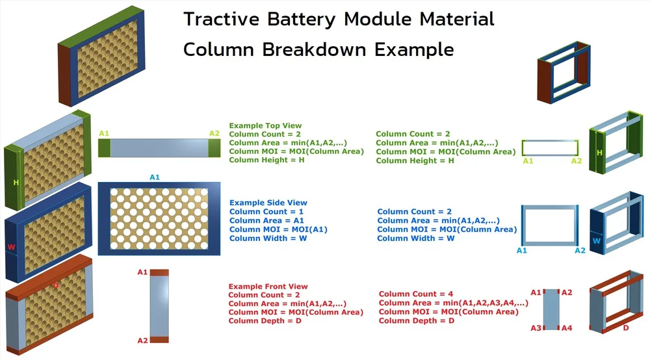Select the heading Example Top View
[x=265, y=125]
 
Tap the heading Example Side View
[x=268, y=203]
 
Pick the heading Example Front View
[x=268, y=287]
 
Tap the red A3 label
[x=536, y=328]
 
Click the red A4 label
[x=566, y=328]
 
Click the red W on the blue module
[x=10, y=247]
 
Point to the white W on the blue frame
[x=595, y=240]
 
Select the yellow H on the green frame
[x=600, y=152]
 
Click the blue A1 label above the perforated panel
[x=155, y=177]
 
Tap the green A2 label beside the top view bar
[x=214, y=133]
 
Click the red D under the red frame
[x=626, y=328]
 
